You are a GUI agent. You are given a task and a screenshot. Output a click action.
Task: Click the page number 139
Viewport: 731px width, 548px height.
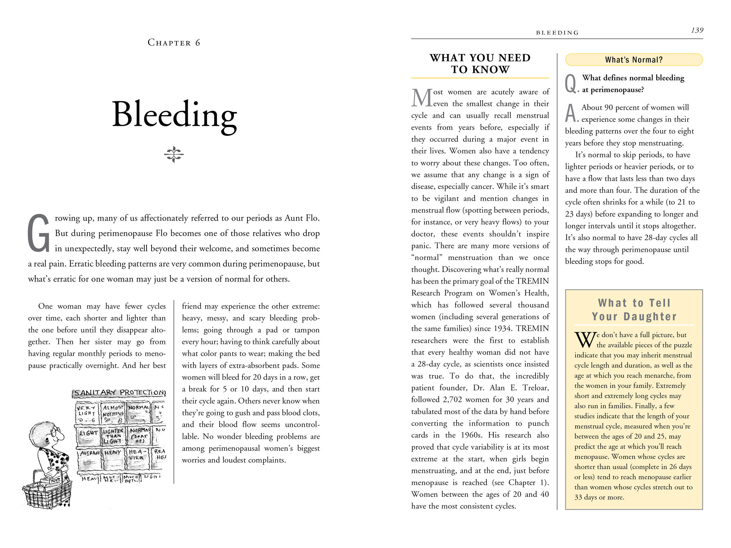point(697,30)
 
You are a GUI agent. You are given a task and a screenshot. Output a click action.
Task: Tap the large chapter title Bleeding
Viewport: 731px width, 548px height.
point(175,115)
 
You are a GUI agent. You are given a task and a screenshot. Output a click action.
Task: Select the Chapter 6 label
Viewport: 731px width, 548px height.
point(174,43)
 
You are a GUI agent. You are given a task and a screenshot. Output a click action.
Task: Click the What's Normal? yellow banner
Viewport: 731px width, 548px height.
point(633,60)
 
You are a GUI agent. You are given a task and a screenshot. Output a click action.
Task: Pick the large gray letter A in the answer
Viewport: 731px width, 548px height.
point(571,113)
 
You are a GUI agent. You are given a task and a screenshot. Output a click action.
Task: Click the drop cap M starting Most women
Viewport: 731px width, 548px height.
point(422,98)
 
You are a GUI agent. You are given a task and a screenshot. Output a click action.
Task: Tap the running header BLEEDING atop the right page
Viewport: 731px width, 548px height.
point(557,33)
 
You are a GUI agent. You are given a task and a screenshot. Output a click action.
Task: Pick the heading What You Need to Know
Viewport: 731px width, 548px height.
point(480,64)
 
